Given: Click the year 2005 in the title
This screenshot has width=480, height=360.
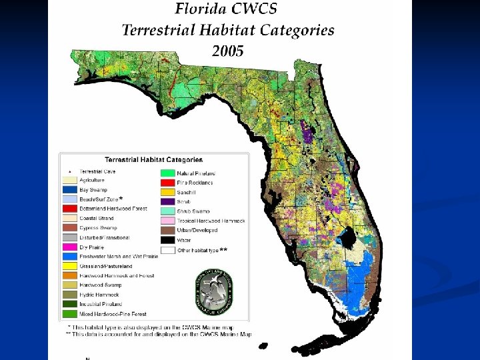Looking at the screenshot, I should tap(227, 51).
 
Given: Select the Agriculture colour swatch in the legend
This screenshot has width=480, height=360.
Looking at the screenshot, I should tap(69, 180).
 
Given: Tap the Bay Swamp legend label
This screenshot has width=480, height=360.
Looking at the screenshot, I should tap(93, 189).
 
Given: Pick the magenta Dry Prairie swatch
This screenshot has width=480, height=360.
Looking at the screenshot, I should tap(69, 247).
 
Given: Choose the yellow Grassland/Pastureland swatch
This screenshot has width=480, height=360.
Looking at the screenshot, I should tap(69, 266).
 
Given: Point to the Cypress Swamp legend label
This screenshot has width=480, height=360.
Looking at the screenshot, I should tap(99, 227).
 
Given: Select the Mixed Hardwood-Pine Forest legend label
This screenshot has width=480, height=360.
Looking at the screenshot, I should tap(113, 313).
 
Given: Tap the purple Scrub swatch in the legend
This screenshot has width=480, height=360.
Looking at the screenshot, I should tap(168, 201).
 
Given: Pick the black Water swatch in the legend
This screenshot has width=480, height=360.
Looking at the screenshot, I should tap(168, 239).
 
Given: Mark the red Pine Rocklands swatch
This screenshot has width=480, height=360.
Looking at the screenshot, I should tap(168, 183).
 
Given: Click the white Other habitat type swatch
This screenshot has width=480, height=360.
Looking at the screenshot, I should tap(168, 250).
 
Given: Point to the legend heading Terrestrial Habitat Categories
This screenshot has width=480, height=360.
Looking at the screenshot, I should tap(153, 160).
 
